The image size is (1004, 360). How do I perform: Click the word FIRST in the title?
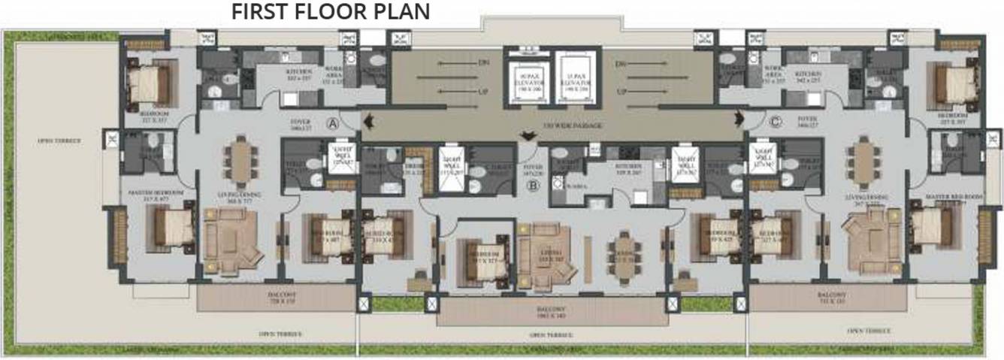click(x=260, y=12)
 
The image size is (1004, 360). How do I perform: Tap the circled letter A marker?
click(x=333, y=123)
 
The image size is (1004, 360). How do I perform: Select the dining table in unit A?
click(x=240, y=162)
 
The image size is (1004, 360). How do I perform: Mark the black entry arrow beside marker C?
click(x=739, y=118)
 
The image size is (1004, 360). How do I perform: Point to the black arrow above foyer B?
click(x=531, y=136)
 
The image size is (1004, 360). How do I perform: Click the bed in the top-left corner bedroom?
click(x=150, y=82)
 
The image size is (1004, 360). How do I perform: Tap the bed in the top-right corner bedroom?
click(x=951, y=82)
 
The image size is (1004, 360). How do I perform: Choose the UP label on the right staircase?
click(x=622, y=92)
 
